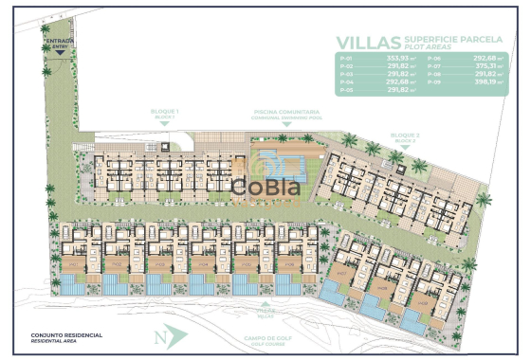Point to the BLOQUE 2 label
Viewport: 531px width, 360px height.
405,136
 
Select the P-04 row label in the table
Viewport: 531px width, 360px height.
347,81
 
